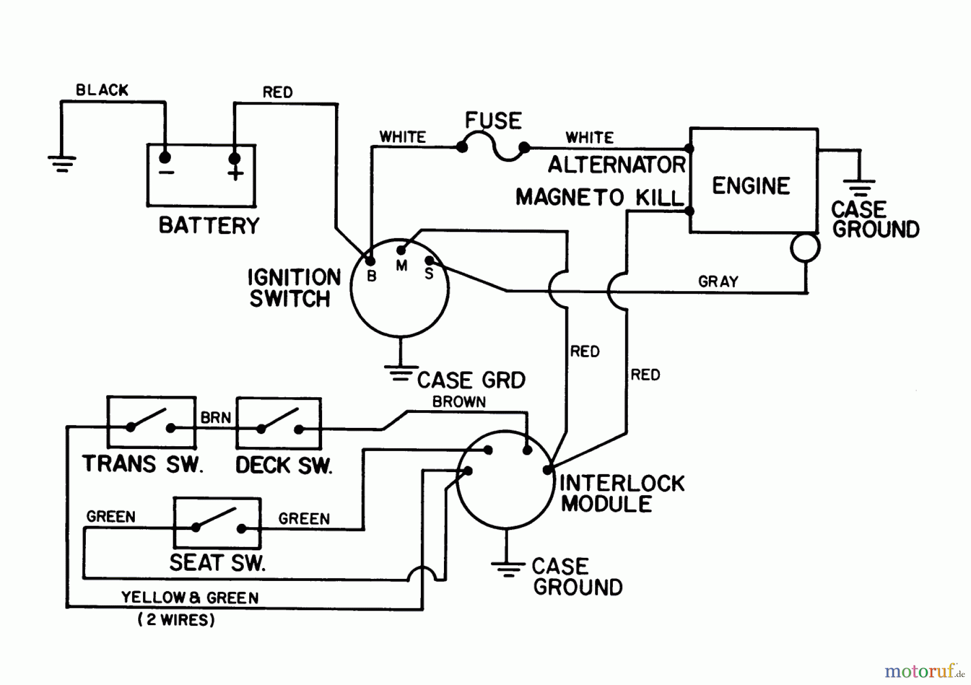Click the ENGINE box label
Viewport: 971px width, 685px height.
[751, 186]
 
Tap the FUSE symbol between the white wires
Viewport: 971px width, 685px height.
[493, 148]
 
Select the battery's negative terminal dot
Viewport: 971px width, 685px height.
[165, 157]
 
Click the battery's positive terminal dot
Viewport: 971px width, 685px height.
[235, 158]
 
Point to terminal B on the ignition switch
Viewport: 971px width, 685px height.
[370, 261]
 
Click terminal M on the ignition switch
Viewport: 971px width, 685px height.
[401, 251]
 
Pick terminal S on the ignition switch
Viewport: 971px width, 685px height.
[429, 261]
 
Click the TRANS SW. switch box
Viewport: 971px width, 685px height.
[151, 423]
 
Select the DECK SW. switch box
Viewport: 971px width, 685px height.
[279, 424]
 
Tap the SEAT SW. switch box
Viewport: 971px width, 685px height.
[217, 523]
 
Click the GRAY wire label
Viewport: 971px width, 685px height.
[718, 281]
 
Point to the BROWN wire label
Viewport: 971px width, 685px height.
[459, 402]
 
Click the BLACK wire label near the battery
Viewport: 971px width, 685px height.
[102, 90]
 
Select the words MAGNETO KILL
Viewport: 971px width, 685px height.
[600, 198]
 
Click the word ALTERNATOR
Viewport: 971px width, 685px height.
[617, 165]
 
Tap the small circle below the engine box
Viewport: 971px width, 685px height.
[805, 248]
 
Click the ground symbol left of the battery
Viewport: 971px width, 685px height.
[61, 163]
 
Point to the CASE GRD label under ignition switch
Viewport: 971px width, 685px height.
[471, 380]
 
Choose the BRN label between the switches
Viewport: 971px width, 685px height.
[216, 418]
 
